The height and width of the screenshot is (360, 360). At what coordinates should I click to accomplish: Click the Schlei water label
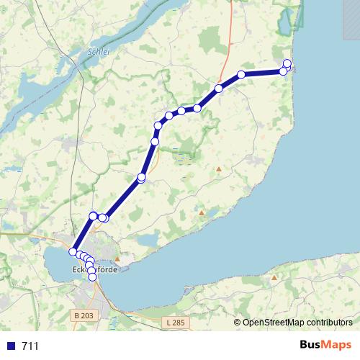pyautogui.click(x=96, y=53)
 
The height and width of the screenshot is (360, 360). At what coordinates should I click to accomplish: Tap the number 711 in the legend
pyautogui.click(x=30, y=346)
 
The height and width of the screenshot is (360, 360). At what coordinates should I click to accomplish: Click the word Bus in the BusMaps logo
pyautogui.click(x=312, y=344)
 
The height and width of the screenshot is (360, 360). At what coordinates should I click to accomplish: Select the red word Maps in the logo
pyautogui.click(x=337, y=344)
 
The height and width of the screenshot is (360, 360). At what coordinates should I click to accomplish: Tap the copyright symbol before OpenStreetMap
pyautogui.click(x=238, y=322)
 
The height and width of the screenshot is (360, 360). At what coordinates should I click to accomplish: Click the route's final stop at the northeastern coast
pyautogui.click(x=287, y=63)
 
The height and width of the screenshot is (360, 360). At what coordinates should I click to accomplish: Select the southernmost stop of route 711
pyautogui.click(x=92, y=276)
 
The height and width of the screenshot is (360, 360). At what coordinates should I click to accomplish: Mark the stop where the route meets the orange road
pyautogui.click(x=218, y=89)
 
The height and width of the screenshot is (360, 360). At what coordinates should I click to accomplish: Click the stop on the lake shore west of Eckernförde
pyautogui.click(x=73, y=251)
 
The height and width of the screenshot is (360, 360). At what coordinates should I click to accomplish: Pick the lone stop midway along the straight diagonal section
pyautogui.click(x=141, y=177)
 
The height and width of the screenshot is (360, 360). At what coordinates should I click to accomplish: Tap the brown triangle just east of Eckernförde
pyautogui.click(x=117, y=256)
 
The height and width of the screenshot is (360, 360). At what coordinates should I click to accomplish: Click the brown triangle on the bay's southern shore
pyautogui.click(x=274, y=276)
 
